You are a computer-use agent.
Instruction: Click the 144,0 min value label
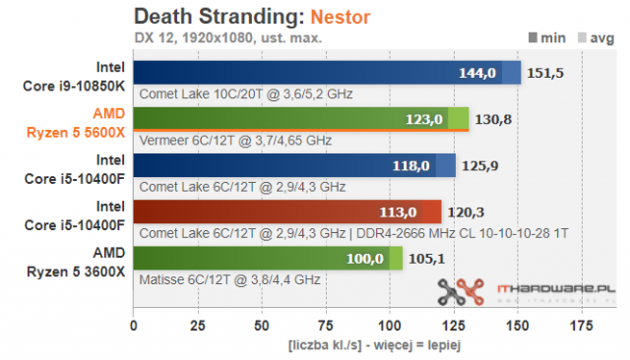click(478, 73)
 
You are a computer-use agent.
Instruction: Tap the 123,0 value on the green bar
click(424, 119)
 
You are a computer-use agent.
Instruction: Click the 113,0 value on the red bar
click(399, 211)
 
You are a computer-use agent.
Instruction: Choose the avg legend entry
click(601, 38)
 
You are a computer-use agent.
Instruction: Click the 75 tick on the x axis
click(326, 325)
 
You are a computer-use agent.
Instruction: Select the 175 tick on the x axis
click(583, 325)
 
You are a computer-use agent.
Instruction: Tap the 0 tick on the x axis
click(134, 325)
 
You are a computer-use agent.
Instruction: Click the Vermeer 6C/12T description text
click(232, 141)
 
